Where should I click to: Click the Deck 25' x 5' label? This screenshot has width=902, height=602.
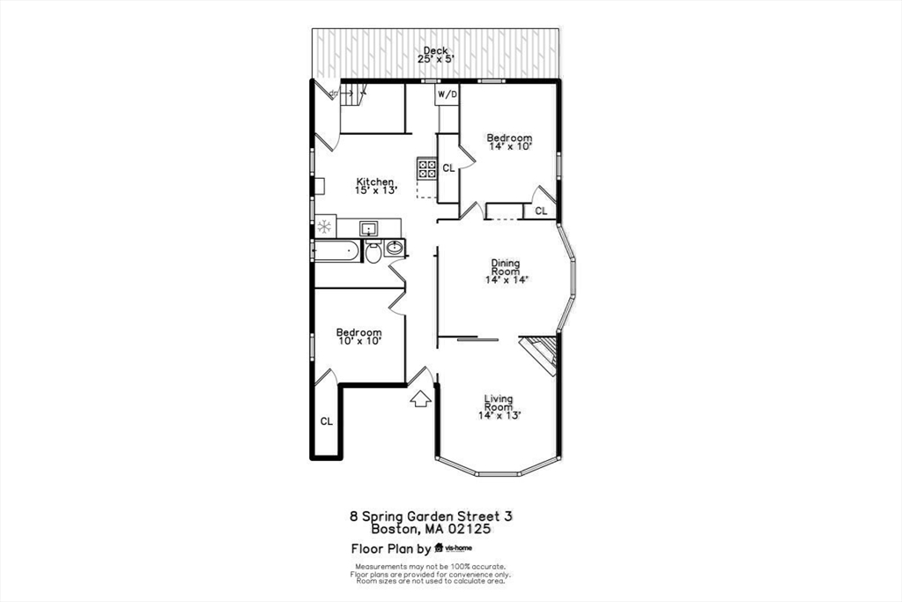click(434, 56)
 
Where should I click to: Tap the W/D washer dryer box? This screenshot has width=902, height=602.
click(447, 94)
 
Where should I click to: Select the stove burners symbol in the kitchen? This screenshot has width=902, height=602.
click(427, 167)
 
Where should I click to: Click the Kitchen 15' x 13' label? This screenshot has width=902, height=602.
click(375, 186)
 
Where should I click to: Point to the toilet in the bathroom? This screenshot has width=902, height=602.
click(373, 252)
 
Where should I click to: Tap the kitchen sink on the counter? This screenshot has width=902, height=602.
click(369, 228)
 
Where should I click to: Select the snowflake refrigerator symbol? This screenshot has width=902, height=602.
click(324, 227)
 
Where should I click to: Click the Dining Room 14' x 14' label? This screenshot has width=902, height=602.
click(505, 271)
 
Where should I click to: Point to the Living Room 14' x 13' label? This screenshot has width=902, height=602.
click(499, 406)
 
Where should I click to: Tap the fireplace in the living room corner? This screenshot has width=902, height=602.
click(539, 353)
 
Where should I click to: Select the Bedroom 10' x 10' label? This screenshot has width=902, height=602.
click(359, 336)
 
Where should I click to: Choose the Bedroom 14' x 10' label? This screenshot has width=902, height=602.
click(509, 142)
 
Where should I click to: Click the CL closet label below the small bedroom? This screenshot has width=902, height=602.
click(326, 421)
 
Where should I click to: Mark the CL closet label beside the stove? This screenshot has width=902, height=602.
click(448, 167)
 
